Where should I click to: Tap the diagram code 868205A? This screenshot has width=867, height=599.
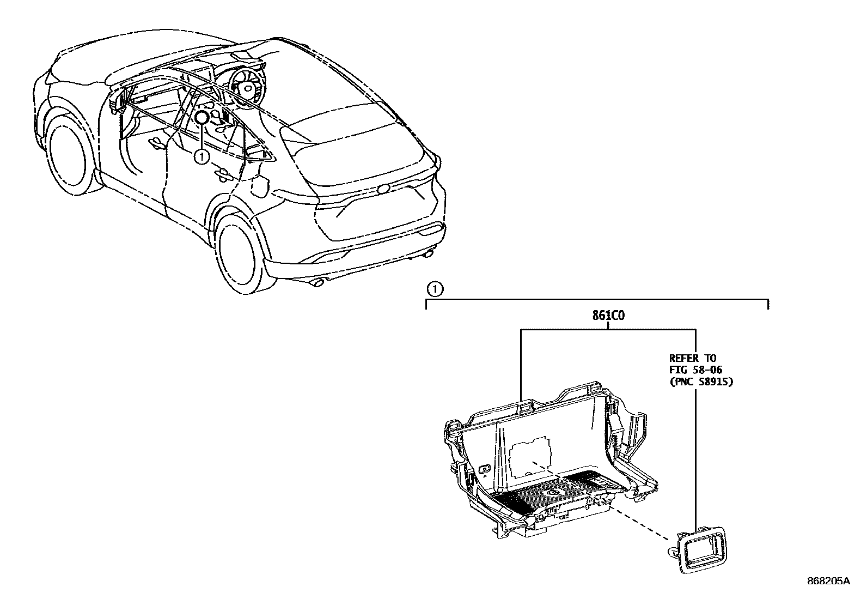(828, 582)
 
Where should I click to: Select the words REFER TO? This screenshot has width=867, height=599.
(693, 358)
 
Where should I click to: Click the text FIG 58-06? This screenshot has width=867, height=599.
(695, 370)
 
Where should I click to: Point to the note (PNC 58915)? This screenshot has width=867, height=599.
(701, 382)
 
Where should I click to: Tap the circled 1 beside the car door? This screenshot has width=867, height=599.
(202, 157)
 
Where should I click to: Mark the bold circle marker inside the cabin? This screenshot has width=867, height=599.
(202, 118)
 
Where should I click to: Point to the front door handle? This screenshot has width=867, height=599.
(157, 143)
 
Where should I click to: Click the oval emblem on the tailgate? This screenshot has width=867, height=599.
(383, 189)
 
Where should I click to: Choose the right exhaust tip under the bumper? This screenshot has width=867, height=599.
(429, 252)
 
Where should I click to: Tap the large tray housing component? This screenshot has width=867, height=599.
(550, 463)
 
